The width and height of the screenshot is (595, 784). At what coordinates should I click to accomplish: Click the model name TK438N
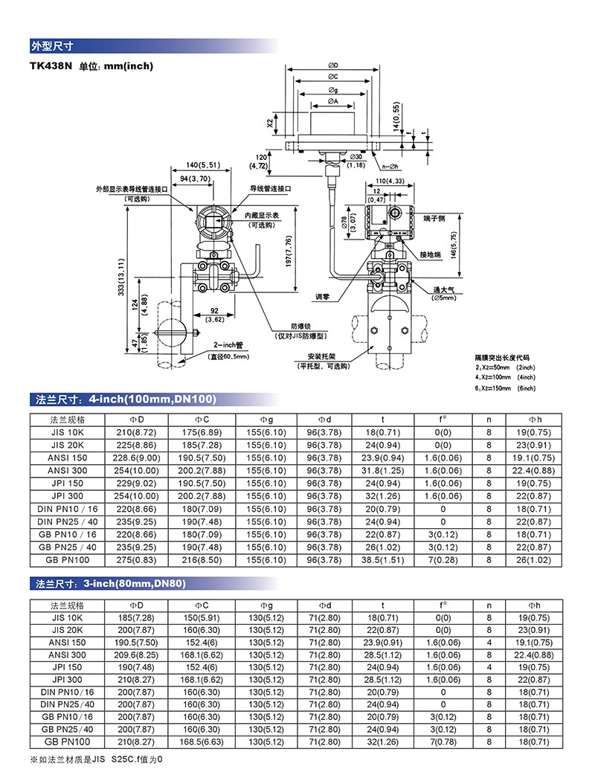51,66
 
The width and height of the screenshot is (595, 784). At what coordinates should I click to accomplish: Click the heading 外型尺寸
51,45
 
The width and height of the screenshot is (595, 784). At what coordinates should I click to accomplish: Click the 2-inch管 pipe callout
228,346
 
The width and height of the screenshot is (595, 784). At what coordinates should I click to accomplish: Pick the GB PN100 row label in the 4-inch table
68,559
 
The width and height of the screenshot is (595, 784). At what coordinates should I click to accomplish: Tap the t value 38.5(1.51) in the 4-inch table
382,559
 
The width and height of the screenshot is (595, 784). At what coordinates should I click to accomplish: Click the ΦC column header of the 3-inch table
202,605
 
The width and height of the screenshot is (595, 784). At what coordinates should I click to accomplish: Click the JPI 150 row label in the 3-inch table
68,667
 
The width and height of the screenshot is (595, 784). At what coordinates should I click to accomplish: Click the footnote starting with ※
96,759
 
